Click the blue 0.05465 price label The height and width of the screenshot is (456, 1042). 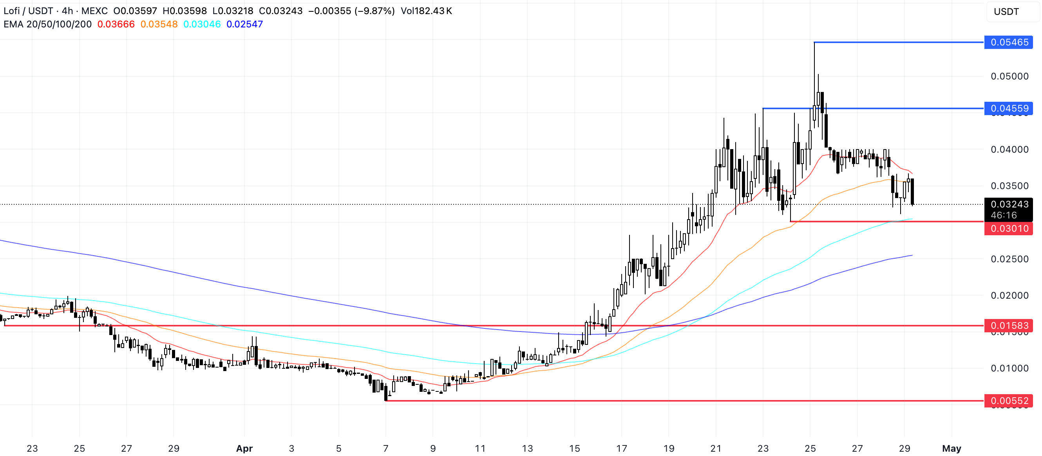tap(1008, 42)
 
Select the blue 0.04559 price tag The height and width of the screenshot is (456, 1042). tap(1008, 108)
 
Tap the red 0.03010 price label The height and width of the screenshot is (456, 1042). tap(1008, 229)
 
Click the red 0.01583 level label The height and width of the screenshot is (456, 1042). tap(1008, 325)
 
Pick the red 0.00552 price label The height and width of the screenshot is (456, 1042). tap(1008, 401)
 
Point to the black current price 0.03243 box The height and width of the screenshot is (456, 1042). tap(1008, 205)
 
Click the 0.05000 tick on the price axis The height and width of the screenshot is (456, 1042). tap(1009, 76)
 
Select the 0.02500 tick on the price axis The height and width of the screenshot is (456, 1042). tap(1009, 259)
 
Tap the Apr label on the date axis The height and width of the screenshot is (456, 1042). tap(244, 448)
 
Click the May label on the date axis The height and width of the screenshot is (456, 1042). tap(952, 448)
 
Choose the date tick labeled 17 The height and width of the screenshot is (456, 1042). tap(621, 448)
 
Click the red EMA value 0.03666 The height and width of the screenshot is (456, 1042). tap(116, 24)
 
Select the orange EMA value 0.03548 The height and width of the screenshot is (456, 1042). tap(159, 24)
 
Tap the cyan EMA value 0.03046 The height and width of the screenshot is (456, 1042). tap(202, 24)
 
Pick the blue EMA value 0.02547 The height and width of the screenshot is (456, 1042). tap(244, 24)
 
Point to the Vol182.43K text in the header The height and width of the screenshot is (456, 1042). tap(426, 11)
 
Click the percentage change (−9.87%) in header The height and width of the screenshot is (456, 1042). tap(374, 11)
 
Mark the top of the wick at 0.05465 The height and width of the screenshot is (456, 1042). tap(814, 42)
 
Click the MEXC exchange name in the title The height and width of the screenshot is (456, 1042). tap(94, 11)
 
